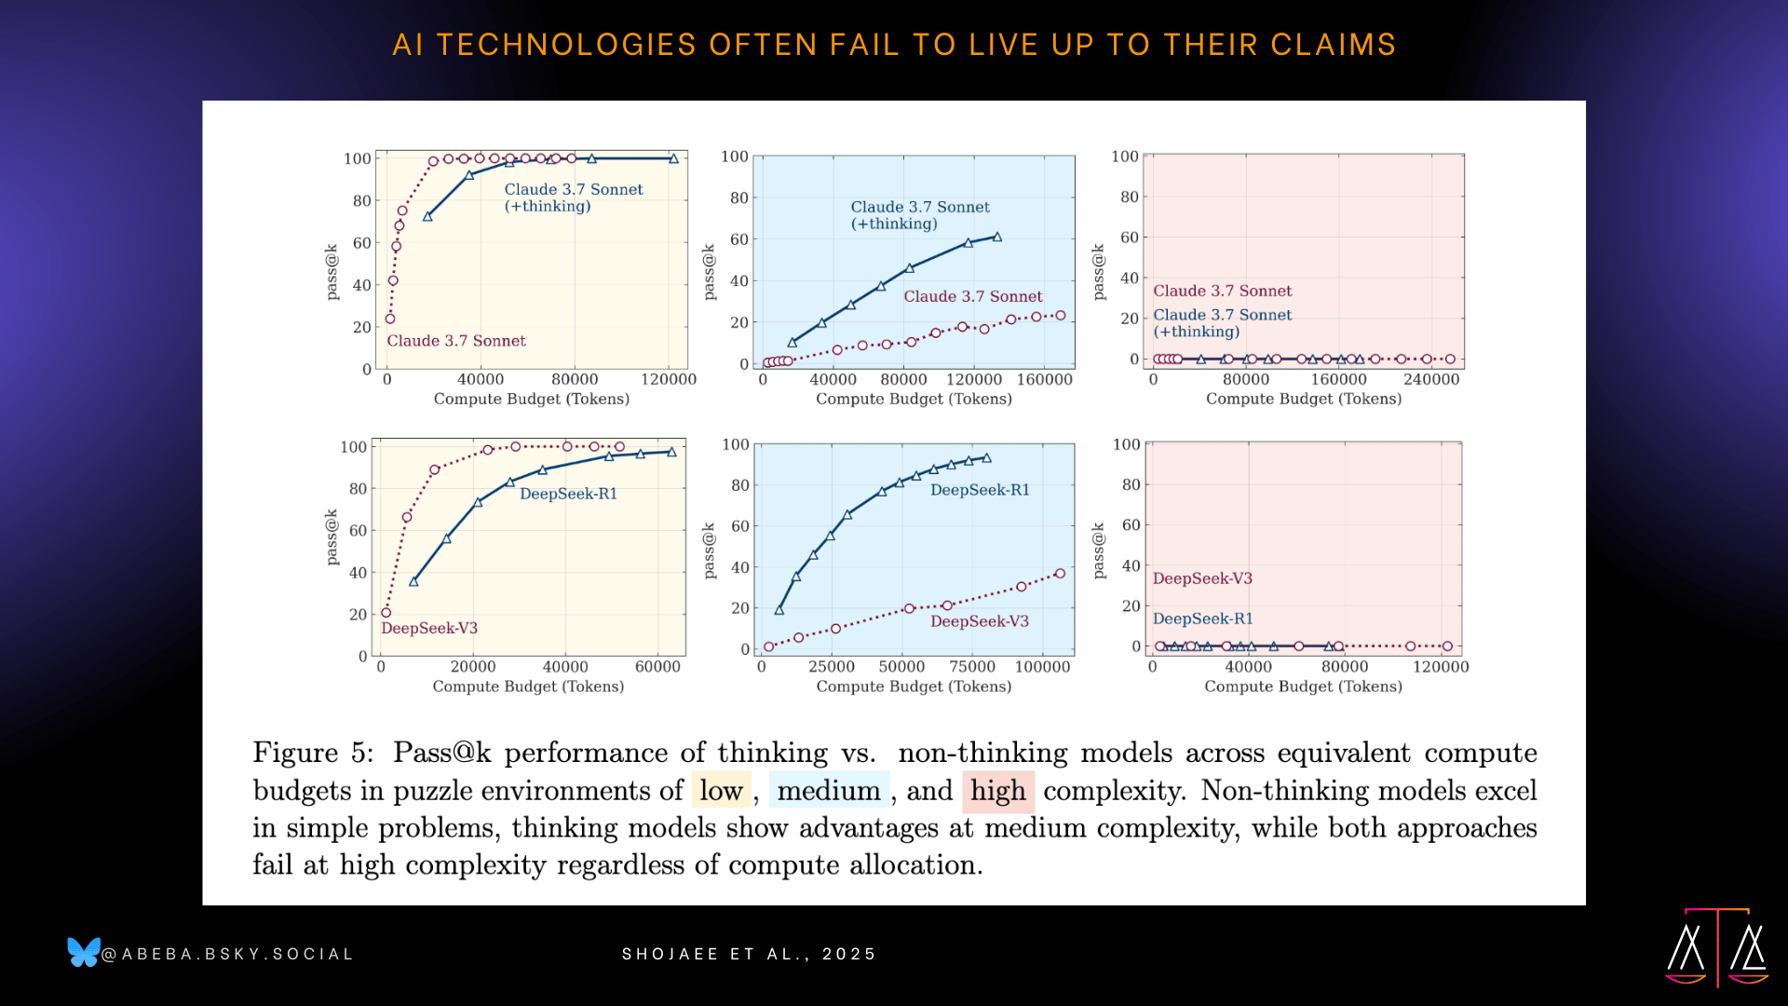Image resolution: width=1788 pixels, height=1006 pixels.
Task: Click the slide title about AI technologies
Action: pyautogui.click(x=894, y=45)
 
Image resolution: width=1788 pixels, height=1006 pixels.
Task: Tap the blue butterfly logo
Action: pyautogui.click(x=84, y=952)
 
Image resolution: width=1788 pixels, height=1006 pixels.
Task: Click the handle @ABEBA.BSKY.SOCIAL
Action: pyautogui.click(x=228, y=954)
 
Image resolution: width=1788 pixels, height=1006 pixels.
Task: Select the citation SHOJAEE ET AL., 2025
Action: pyautogui.click(x=750, y=954)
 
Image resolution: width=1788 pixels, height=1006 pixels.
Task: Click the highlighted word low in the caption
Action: pyautogui.click(x=721, y=791)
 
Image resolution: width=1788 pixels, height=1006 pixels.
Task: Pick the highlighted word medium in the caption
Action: pyautogui.click(x=829, y=791)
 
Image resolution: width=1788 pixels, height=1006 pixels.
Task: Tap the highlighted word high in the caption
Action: pyautogui.click(x=997, y=791)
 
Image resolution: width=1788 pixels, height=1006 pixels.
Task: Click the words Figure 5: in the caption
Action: pyautogui.click(x=313, y=753)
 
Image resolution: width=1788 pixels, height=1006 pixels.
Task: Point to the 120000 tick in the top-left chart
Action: pyautogui.click(x=669, y=379)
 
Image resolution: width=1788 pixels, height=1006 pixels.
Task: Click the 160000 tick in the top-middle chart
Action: pyautogui.click(x=1045, y=379)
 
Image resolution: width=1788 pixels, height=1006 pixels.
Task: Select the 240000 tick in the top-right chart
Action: pyautogui.click(x=1431, y=379)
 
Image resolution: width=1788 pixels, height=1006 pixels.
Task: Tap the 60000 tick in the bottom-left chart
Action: pyautogui.click(x=657, y=667)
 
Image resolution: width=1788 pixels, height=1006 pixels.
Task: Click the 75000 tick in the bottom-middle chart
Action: pyautogui.click(x=972, y=667)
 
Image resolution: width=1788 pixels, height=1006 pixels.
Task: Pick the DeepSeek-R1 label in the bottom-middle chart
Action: pyautogui.click(x=980, y=490)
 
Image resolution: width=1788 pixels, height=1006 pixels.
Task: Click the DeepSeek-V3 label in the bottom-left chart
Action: pyautogui.click(x=429, y=629)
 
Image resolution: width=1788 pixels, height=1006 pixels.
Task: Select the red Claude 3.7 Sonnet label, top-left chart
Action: pyautogui.click(x=456, y=341)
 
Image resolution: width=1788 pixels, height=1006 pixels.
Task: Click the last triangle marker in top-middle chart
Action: pyautogui.click(x=997, y=238)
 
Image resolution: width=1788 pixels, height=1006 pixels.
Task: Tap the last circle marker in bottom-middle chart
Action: pyautogui.click(x=1060, y=574)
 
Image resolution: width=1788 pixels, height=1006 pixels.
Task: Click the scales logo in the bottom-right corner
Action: pyautogui.click(x=1717, y=947)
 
